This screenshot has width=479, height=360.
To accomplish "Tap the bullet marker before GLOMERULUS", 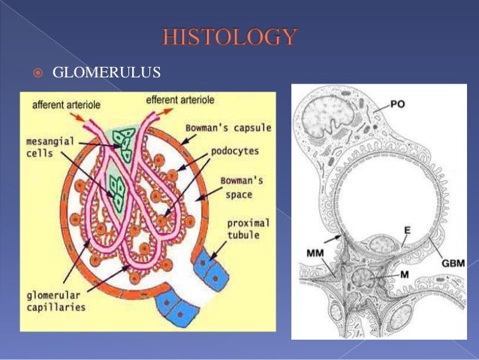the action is click(x=35, y=74).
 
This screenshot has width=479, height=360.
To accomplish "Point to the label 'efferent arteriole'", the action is click(x=180, y=98).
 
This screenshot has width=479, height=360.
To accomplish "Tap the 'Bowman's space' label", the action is click(x=240, y=188).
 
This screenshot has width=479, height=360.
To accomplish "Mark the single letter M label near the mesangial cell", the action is click(x=404, y=276).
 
